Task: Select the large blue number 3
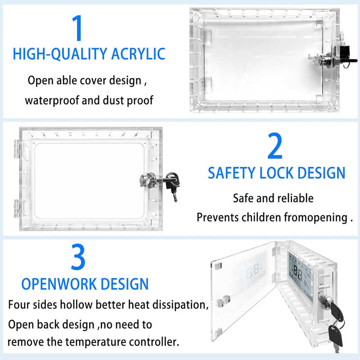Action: pyautogui.click(x=78, y=257)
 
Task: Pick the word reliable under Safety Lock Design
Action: pyautogui.click(x=295, y=198)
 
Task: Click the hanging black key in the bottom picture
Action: pyautogui.click(x=336, y=336)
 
